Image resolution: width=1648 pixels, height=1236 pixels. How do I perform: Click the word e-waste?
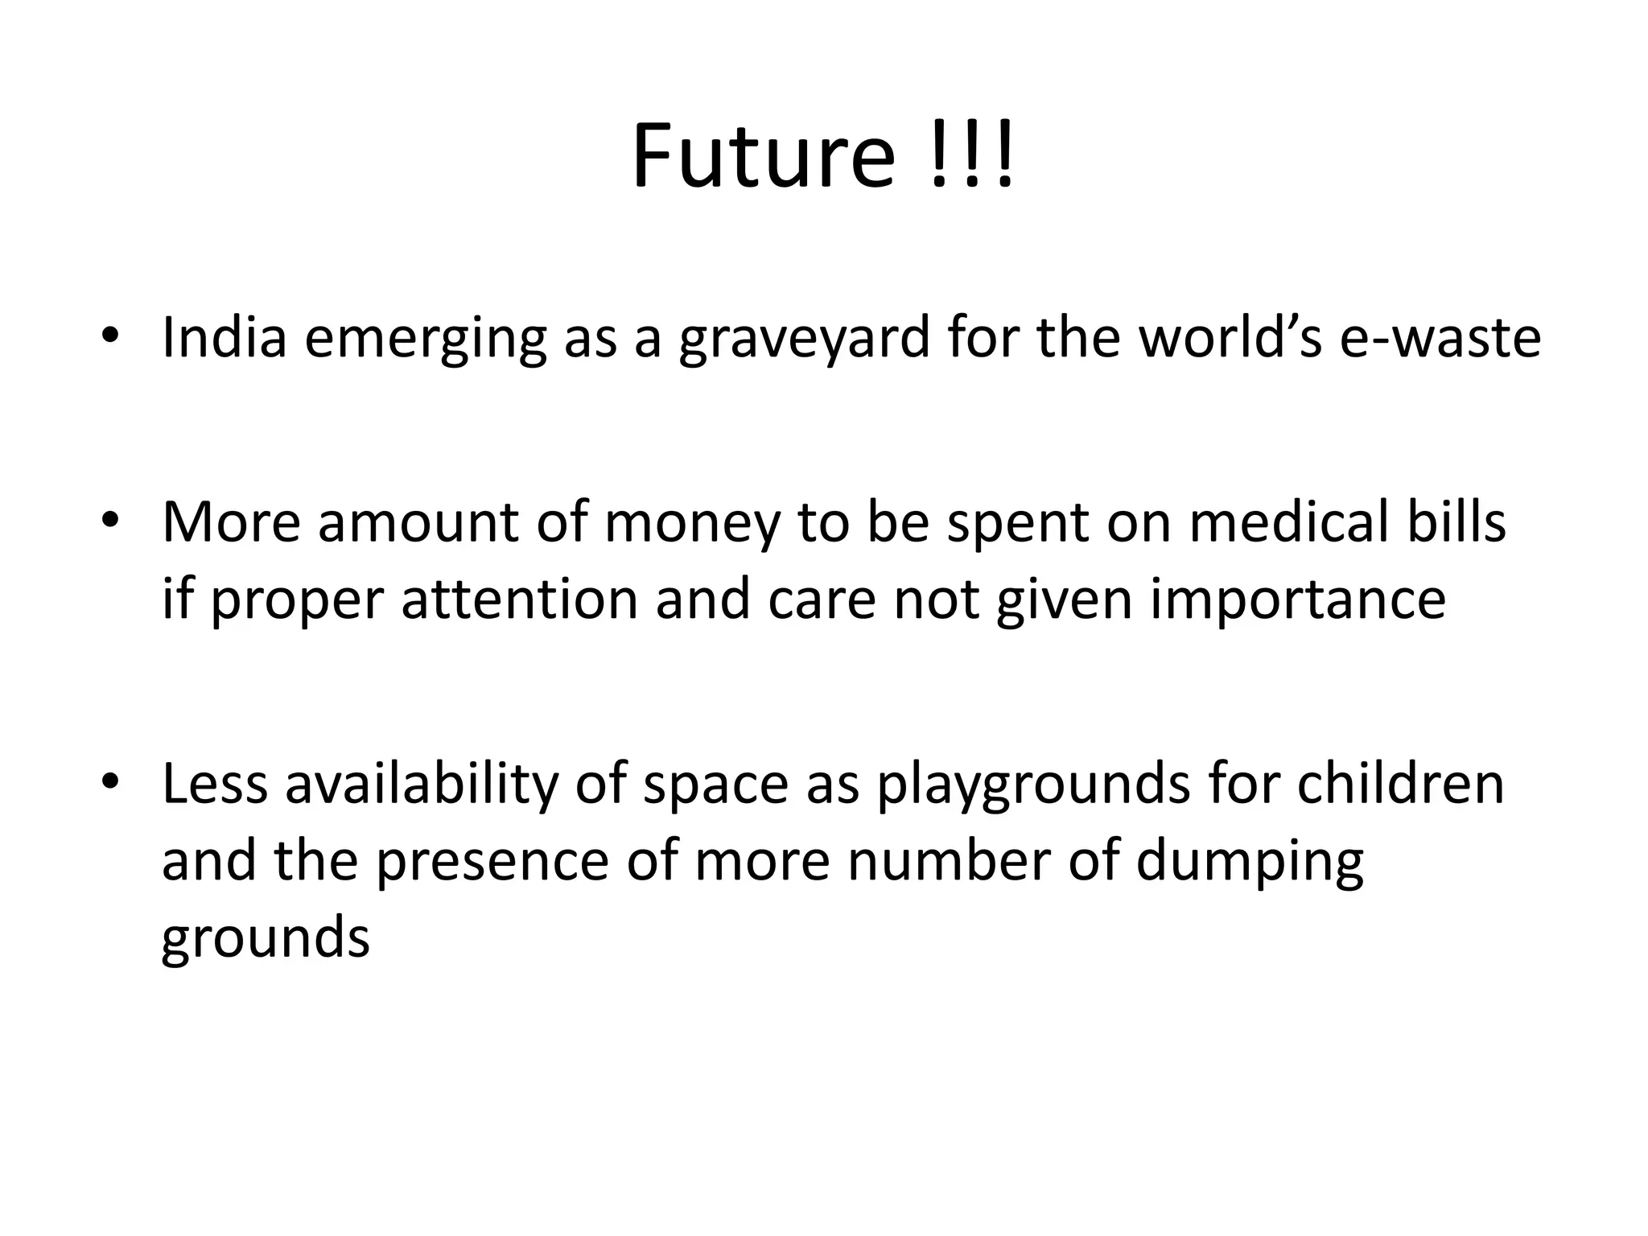pos(1440,338)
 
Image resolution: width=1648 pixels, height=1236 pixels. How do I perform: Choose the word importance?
pos(1297,601)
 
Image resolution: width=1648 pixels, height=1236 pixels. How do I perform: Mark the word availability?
pos(421,785)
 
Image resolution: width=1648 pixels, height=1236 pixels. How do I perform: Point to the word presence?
pos(492,863)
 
